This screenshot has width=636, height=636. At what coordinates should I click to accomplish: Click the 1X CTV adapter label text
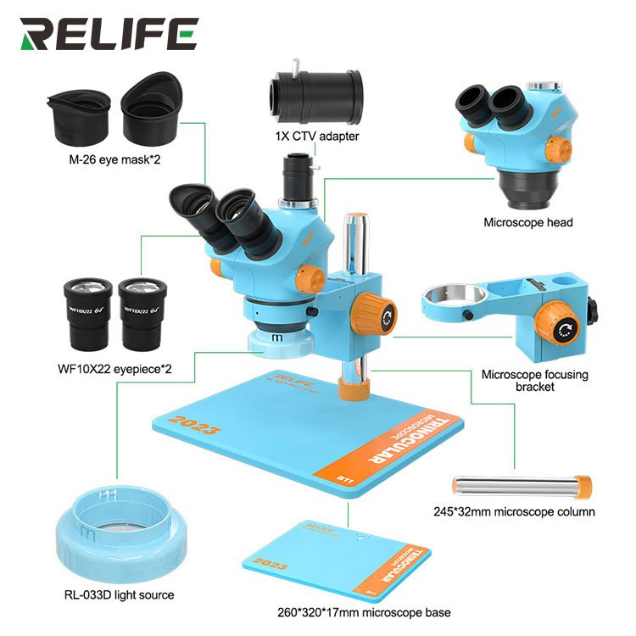click(x=316, y=136)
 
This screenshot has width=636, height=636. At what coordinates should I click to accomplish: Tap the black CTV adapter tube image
click(x=316, y=92)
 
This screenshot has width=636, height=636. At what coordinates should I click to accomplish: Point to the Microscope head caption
click(x=527, y=223)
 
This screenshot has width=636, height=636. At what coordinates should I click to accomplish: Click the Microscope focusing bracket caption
click(x=534, y=380)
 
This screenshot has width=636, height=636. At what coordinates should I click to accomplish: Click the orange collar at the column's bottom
click(x=354, y=389)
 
